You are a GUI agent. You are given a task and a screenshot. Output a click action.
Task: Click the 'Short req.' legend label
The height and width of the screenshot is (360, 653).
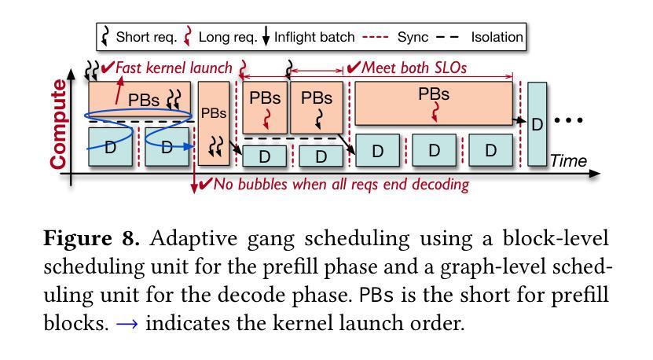point(146,37)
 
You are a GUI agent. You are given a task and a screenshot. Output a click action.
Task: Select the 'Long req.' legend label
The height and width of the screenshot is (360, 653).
point(228,37)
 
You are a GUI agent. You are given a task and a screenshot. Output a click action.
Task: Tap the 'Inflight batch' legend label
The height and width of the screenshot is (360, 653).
point(314,37)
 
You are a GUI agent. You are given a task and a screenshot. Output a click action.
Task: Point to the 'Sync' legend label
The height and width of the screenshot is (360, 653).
point(413,37)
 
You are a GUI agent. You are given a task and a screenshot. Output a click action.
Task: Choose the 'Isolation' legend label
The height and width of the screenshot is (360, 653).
point(497,37)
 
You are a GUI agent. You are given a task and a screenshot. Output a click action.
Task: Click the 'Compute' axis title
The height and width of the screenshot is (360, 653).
point(58,124)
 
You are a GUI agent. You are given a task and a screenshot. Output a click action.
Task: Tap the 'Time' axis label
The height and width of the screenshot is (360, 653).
point(568,161)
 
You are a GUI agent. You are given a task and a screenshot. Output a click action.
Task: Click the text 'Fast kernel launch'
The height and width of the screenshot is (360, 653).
point(174,68)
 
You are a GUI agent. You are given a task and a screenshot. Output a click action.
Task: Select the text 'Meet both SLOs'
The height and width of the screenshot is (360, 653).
point(414,68)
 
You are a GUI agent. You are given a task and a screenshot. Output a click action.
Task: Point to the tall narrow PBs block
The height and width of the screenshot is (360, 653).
point(214,123)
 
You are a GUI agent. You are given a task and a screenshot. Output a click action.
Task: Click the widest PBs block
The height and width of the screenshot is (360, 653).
point(434,103)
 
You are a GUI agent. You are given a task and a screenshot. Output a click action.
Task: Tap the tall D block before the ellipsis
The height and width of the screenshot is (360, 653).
point(537,123)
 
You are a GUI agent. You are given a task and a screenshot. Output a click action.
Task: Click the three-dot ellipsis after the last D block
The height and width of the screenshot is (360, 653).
point(568,120)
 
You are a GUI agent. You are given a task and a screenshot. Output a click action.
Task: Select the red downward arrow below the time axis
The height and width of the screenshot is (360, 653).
point(194,177)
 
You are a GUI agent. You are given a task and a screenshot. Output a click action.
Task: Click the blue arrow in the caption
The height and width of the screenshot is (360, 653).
point(127,324)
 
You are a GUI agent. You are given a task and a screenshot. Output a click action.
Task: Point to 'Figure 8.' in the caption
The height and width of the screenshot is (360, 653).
point(92,239)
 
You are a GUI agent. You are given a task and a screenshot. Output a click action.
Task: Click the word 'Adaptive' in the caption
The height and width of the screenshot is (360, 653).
point(193,239)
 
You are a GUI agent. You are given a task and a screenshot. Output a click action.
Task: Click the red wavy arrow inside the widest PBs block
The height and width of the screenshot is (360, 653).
point(435,112)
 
